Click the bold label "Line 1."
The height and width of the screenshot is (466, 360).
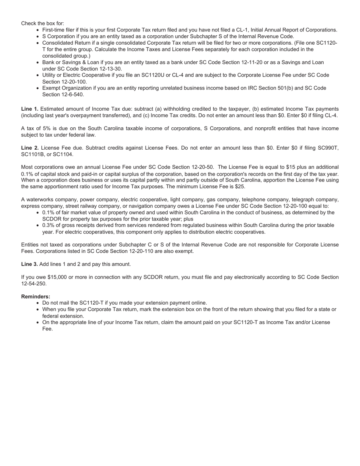tap(30, 109)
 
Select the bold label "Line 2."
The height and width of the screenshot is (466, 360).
tap(30, 148)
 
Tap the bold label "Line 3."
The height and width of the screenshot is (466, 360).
tap(30, 264)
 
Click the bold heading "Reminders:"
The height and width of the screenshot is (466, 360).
tap(36, 296)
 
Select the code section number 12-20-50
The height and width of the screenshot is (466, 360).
tap(200, 167)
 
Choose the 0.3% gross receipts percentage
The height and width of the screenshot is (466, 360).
tap(49, 225)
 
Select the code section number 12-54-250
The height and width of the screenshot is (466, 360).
tap(34, 283)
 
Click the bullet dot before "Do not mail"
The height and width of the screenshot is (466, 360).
tap(38, 303)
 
